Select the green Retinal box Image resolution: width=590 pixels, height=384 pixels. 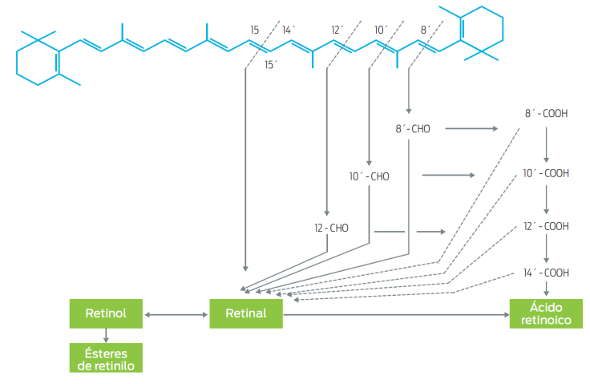[x=246, y=313]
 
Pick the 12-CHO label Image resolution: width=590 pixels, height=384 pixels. [x=331, y=228]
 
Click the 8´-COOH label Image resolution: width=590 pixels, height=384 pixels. [x=547, y=114]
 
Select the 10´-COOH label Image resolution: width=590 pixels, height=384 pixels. [x=546, y=173]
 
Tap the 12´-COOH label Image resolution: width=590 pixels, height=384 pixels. [x=546, y=226]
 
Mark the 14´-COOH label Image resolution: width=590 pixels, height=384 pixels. [x=546, y=273]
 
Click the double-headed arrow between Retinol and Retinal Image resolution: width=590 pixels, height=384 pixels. [x=175, y=314]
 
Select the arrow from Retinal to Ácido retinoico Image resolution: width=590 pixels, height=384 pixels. [x=396, y=314]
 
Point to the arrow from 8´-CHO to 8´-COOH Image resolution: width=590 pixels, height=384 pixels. [x=479, y=127]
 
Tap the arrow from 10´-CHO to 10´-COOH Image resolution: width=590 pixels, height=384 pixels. [x=448, y=174]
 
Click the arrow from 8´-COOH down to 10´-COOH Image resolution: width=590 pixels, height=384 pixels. [x=547, y=143]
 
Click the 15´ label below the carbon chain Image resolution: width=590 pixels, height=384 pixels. [x=271, y=65]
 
